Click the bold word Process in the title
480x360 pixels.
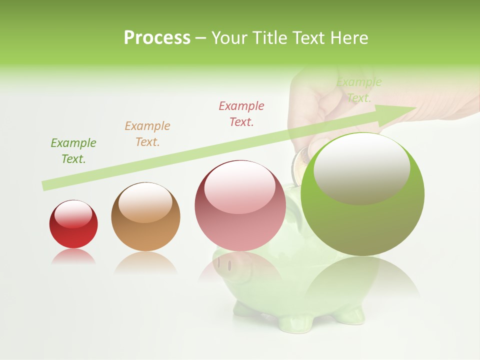pos(157,38)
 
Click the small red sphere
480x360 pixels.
pos(73,224)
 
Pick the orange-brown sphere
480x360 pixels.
pos(145,217)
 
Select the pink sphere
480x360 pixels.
pos(240,206)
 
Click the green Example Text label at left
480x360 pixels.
pos(73,151)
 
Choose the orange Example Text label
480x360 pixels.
pos(147,134)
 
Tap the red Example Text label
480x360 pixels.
pos(241,114)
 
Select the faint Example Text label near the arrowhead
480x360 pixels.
pos(359,90)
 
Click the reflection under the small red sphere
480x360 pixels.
pos(73,256)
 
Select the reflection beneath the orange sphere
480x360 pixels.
pos(145,262)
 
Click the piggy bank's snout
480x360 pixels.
pos(223,262)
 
